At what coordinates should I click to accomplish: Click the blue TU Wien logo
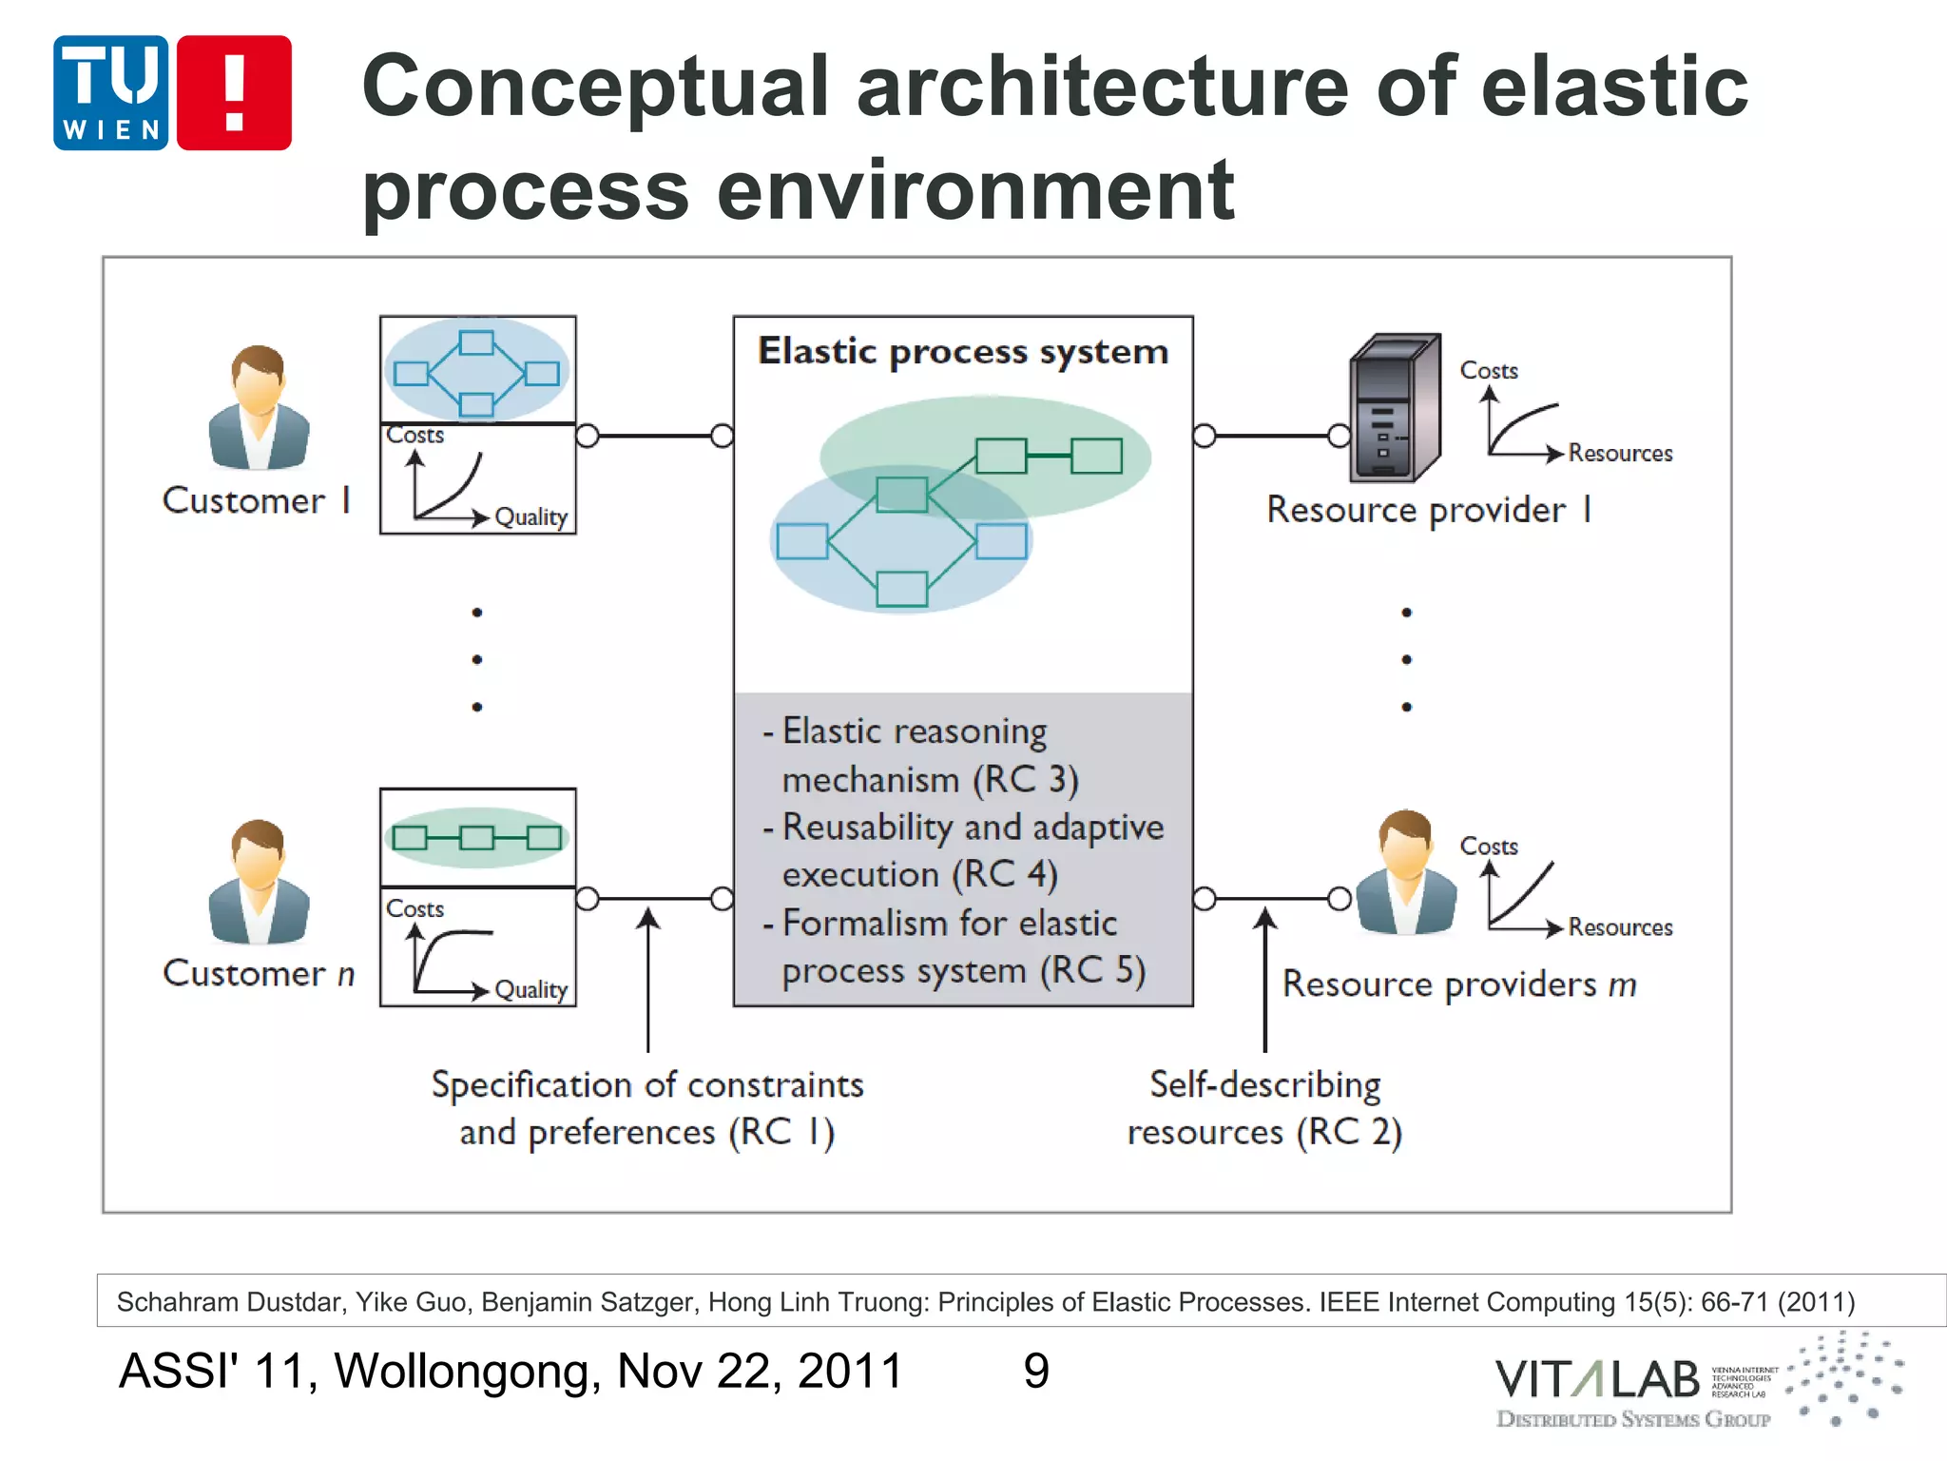(111, 93)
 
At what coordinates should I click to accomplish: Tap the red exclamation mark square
(234, 93)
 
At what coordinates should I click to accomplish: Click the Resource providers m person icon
(1406, 872)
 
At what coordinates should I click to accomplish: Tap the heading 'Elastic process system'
(962, 352)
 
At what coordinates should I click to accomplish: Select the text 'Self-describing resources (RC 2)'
(1264, 1108)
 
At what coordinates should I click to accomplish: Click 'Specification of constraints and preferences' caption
(647, 1108)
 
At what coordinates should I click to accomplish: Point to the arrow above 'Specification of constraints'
(648, 980)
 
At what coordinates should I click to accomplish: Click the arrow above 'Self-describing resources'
(1265, 980)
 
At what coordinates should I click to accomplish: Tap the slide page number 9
(1036, 1371)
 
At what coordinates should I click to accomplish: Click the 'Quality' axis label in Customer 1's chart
(530, 517)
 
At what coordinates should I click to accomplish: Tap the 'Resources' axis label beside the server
(1620, 454)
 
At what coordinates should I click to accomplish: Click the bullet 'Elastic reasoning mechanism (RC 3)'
(920, 755)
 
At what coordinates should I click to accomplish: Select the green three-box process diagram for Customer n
(477, 838)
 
